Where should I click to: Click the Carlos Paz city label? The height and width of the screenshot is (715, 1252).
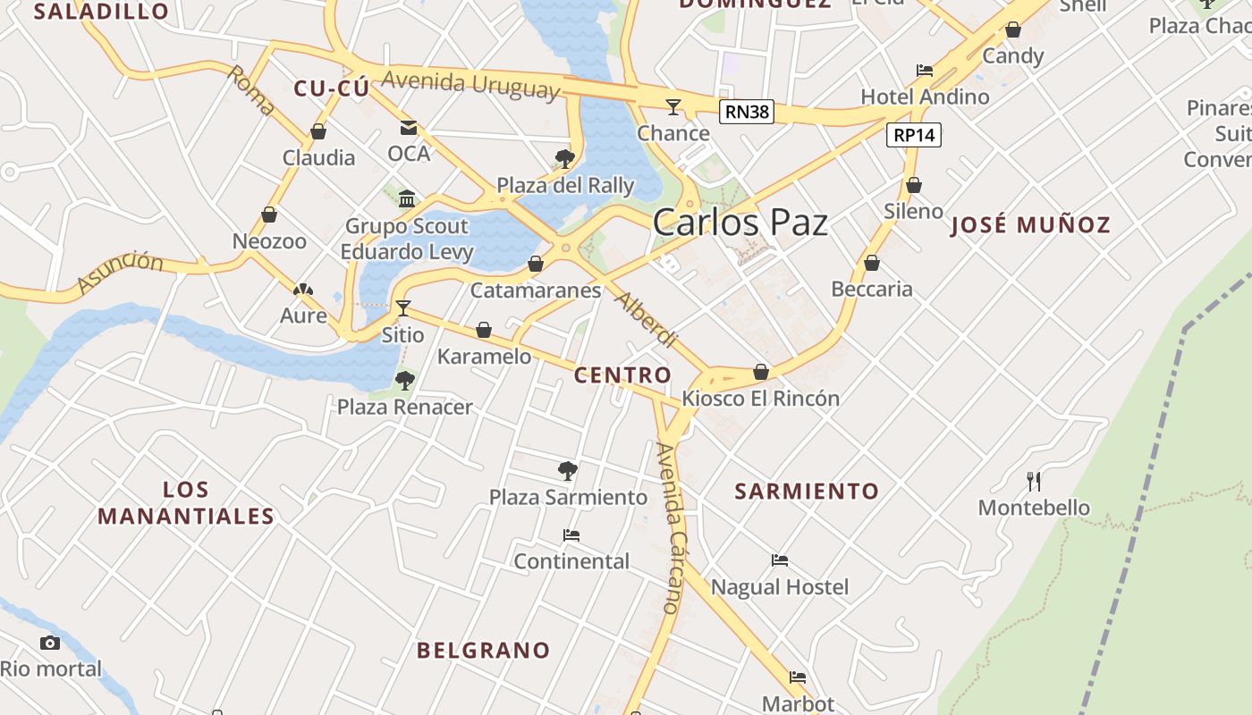740,223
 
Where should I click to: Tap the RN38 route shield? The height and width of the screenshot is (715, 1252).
746,112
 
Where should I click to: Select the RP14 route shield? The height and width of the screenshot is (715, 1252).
914,135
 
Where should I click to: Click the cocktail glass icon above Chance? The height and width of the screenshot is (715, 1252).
673,107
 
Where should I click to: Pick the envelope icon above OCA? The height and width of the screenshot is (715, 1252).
409,128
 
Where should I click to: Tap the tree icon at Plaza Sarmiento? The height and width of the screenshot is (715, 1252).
567,470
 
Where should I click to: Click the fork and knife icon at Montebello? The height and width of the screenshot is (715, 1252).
1034,482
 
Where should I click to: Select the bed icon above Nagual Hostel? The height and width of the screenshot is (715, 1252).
780,560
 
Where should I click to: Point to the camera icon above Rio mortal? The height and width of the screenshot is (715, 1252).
50,643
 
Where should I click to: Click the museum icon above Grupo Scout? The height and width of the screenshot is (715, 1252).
407,198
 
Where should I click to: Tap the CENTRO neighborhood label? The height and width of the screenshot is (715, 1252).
622,375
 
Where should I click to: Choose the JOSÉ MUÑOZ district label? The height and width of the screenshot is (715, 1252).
1030,225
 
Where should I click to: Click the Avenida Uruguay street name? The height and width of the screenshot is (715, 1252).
470,85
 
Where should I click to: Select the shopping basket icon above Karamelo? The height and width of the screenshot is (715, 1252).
484,331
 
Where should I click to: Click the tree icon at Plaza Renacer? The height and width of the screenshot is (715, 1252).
405,381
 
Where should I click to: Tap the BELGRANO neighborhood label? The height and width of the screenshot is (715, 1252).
483,651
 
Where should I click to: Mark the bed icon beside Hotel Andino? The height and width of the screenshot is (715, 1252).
925,71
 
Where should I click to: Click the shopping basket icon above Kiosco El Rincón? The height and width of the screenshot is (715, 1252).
761,372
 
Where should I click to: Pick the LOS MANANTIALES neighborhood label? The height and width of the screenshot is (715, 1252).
186,503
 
